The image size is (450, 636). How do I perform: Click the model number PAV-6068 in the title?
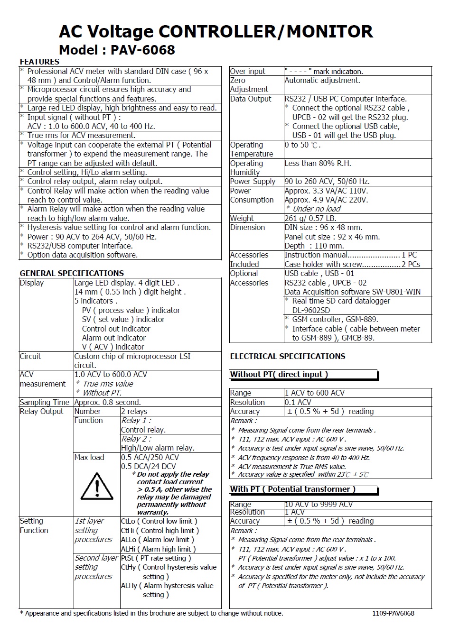[x=142, y=50]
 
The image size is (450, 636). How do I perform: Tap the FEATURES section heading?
[x=39, y=62]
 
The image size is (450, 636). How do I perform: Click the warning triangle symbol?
[x=97, y=486]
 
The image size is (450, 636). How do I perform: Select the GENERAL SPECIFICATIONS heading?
[x=72, y=273]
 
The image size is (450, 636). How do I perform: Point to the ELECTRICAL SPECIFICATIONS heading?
[x=288, y=356]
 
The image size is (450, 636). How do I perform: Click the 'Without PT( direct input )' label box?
[x=303, y=375]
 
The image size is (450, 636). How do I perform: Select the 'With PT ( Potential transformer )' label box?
[x=304, y=489]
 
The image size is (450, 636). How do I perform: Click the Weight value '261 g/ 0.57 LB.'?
[x=310, y=218]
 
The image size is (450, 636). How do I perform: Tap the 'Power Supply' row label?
[x=253, y=181]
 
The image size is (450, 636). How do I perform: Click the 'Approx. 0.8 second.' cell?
[x=107, y=402]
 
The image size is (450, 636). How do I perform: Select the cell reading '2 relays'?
[x=134, y=411]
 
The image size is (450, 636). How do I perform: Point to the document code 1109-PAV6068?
[x=393, y=613]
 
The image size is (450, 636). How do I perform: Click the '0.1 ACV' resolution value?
[x=298, y=402]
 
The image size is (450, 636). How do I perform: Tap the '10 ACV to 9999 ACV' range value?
[x=319, y=504]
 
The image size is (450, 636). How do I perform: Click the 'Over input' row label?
[x=248, y=71]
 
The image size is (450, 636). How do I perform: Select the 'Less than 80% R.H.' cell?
[x=318, y=163]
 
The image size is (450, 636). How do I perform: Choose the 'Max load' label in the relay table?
[x=89, y=457]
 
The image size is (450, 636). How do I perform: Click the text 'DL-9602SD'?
[x=311, y=310]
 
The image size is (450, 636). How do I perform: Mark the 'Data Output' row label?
[x=251, y=99]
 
